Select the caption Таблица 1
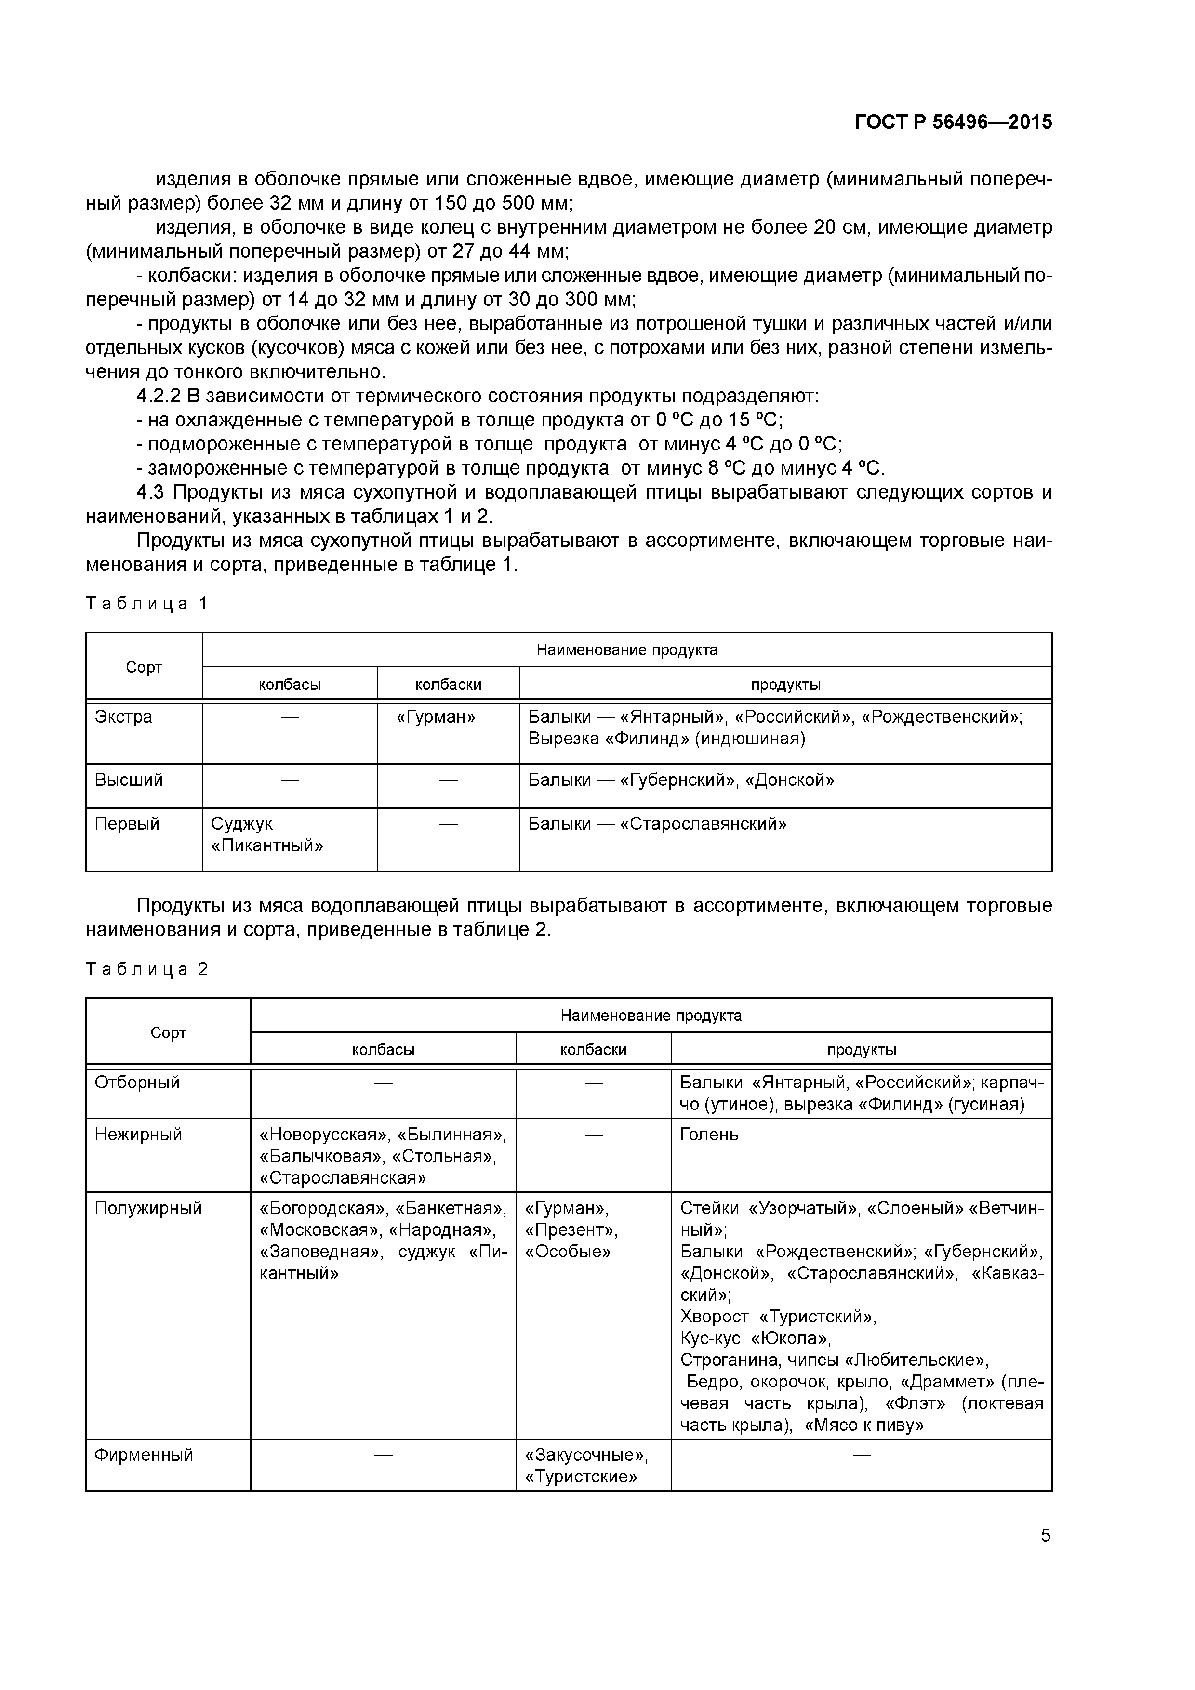pos(147,604)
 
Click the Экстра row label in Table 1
pos(124,717)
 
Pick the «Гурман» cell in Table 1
pos(436,717)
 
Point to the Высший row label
pos(129,780)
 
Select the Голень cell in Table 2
pos(708,1134)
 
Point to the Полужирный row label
pos(148,1208)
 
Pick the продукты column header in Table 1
pos(785,685)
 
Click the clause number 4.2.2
pos(159,397)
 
